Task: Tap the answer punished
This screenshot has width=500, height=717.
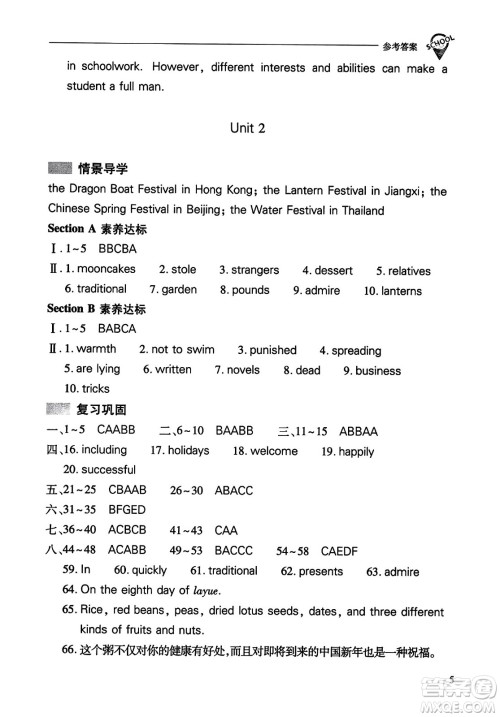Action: (273, 350)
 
